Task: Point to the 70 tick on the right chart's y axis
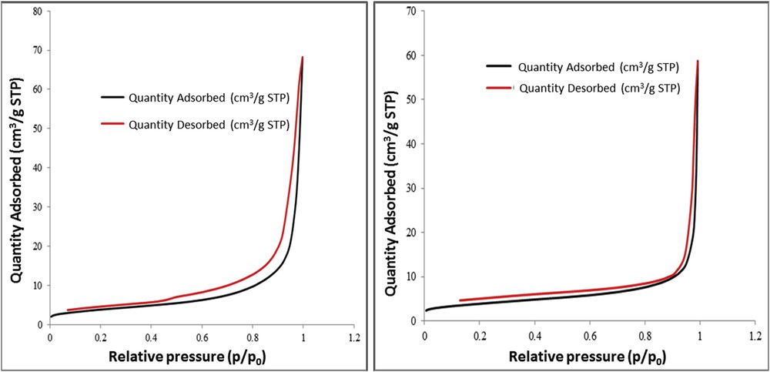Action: point(413,11)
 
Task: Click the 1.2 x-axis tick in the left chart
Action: point(353,337)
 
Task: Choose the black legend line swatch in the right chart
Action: point(498,67)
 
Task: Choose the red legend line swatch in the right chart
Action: point(498,88)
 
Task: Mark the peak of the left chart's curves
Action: point(303,57)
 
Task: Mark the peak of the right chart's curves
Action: point(698,61)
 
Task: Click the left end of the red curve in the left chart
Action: point(68,310)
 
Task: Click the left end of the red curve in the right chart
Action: point(460,300)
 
